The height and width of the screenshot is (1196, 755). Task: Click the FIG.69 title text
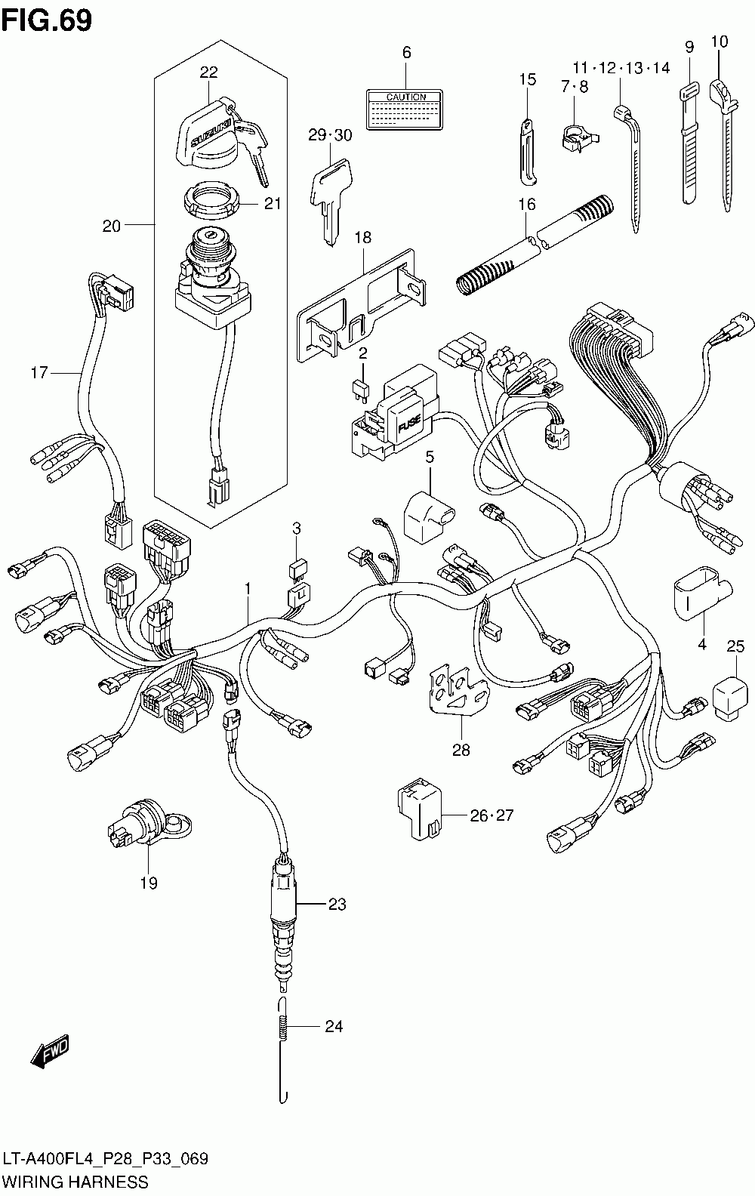point(47,20)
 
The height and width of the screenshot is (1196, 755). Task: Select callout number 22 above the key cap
point(208,72)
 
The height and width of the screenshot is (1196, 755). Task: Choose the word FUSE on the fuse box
point(405,429)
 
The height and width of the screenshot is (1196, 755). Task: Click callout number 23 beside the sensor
point(336,903)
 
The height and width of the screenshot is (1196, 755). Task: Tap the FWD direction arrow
point(51,1050)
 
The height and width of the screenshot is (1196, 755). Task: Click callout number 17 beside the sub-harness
point(39,372)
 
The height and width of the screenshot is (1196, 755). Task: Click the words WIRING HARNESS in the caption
point(76,1181)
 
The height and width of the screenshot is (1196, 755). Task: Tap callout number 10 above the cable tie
point(720,42)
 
